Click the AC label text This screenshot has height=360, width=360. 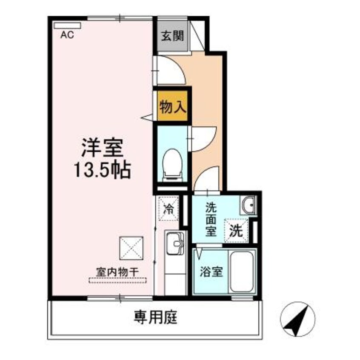(x=67, y=36)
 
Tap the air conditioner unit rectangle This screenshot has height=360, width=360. (x=67, y=25)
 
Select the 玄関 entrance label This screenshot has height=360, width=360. (x=172, y=36)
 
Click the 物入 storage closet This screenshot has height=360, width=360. (x=172, y=106)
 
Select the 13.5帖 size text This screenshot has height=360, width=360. (x=103, y=171)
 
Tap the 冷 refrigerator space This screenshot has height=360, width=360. (x=169, y=209)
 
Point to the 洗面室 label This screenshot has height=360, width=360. (x=211, y=220)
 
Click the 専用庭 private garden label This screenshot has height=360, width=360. (x=155, y=317)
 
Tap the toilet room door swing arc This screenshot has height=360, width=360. (x=199, y=139)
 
